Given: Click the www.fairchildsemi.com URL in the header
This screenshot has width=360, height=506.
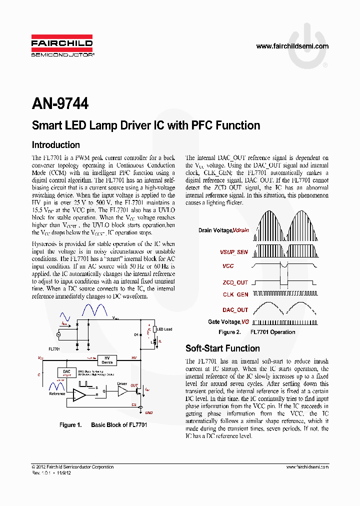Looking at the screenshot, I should pyautogui.click(x=292, y=46).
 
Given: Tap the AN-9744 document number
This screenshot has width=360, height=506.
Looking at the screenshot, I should pyautogui.click(x=60, y=103).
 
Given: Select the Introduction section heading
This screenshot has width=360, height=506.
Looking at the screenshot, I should pyautogui.click(x=55, y=145).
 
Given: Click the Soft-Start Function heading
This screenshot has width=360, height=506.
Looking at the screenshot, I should pyautogui.click(x=222, y=348).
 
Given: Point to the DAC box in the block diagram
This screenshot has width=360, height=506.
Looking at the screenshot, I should pyautogui.click(x=66, y=372).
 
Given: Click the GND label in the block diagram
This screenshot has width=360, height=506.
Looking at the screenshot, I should pyautogui.click(x=148, y=412).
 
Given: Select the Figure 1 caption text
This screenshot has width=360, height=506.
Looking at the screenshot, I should pyautogui.click(x=103, y=425).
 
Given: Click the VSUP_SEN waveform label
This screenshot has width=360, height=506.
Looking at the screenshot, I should pyautogui.click(x=234, y=252).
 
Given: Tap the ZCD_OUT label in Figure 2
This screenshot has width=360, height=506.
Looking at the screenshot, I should pyautogui.click(x=235, y=283).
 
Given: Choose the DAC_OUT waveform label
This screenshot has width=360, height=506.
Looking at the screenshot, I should pyautogui.click(x=235, y=310).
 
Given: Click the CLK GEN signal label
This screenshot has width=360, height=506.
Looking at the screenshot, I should pyautogui.click(x=235, y=295).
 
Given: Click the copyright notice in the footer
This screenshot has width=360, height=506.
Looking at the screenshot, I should pyautogui.click(x=72, y=467).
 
